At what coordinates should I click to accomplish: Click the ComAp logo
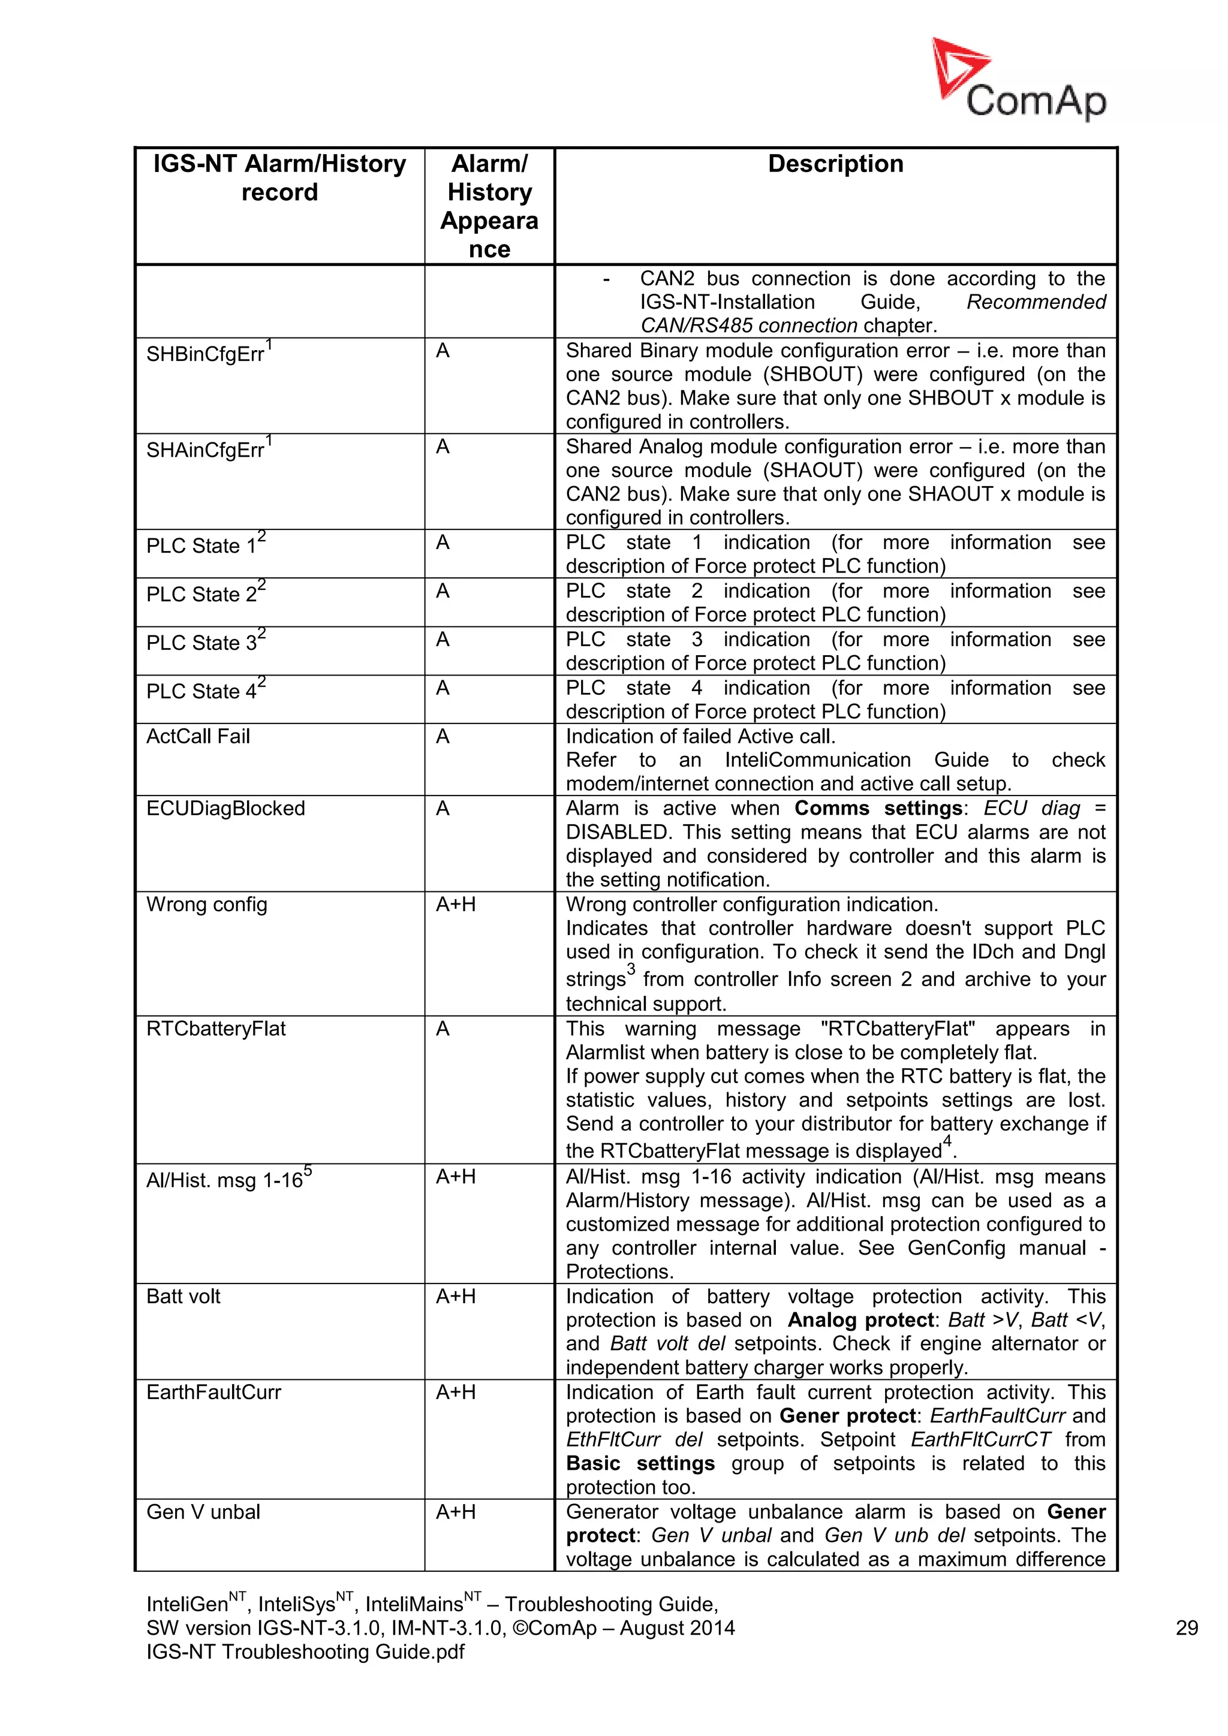1019,81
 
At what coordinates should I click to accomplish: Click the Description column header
835,164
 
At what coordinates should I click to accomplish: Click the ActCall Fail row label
197,737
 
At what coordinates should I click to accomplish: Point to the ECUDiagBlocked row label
225,808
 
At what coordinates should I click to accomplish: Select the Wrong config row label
206,905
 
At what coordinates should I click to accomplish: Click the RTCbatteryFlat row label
215,1028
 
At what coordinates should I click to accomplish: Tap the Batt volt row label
183,1296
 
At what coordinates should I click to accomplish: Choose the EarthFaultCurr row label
213,1392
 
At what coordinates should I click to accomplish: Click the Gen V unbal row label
203,1511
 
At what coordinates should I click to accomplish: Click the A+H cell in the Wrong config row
455,905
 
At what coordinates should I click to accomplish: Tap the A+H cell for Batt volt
455,1296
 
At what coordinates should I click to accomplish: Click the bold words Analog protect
861,1319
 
